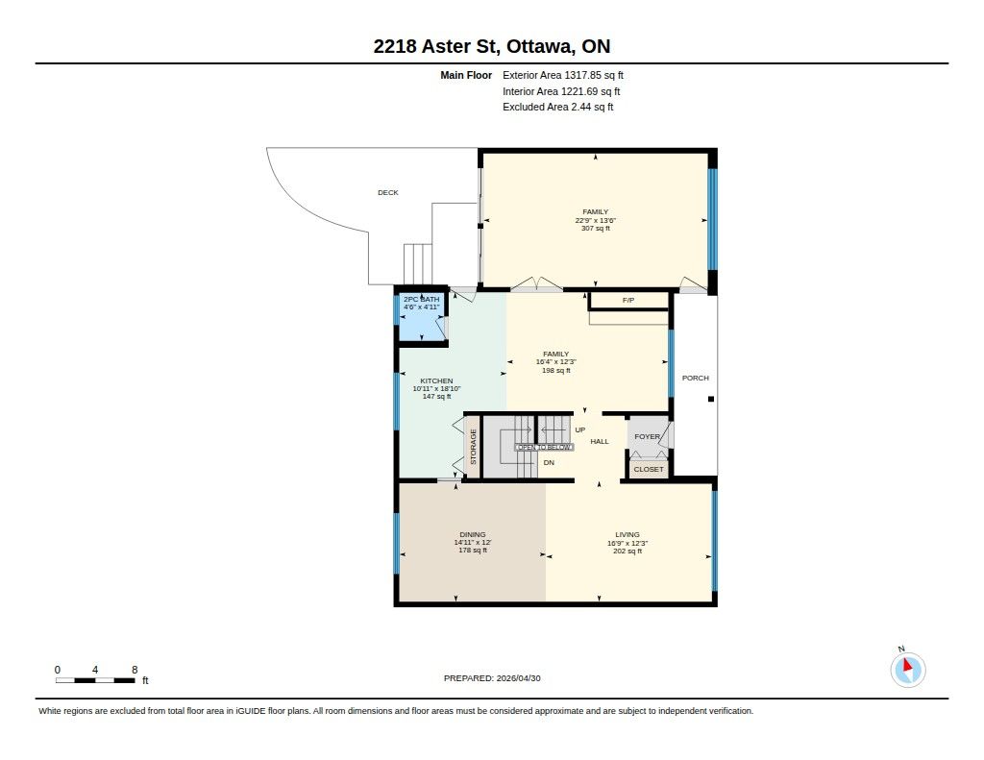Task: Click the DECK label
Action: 388,193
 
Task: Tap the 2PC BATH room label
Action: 421,300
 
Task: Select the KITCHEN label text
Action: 436,380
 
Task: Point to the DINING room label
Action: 473,535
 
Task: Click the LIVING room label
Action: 627,535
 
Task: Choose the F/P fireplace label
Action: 628,300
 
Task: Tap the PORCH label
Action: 696,378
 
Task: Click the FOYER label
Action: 647,436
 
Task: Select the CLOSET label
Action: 649,469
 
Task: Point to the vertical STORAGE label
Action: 473,447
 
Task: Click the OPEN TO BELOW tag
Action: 544,447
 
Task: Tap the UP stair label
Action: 579,429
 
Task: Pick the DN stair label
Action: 549,462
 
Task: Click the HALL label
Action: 600,441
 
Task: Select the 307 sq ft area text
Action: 596,229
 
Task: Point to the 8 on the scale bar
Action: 135,670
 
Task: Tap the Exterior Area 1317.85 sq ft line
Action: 563,75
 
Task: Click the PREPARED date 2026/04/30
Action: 518,677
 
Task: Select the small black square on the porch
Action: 711,399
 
